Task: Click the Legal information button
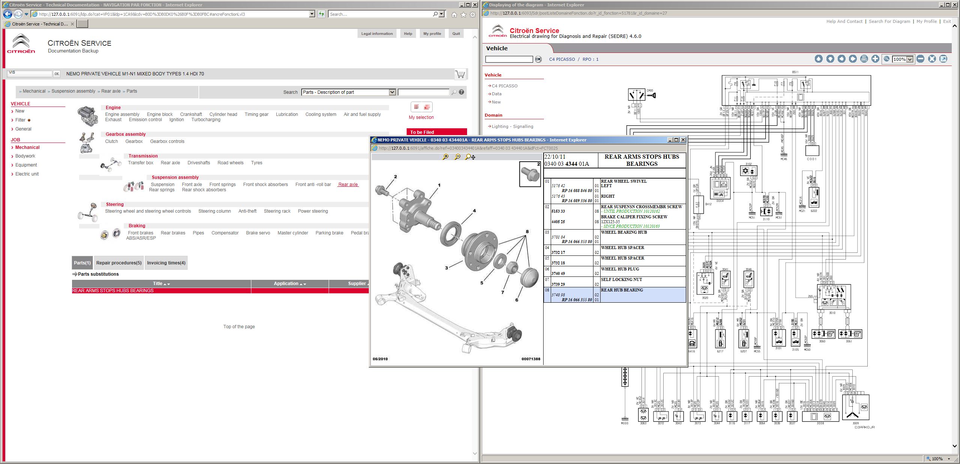tap(377, 34)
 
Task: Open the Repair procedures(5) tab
tap(119, 263)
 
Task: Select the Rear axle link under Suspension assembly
tap(348, 185)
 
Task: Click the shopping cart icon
tap(460, 74)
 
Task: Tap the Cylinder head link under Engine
tap(223, 114)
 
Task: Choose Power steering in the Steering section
tap(312, 211)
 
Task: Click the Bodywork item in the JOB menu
tap(25, 156)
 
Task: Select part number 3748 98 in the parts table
tap(558, 295)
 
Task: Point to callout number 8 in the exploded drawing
tap(527, 231)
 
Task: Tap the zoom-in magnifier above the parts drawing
tap(445, 157)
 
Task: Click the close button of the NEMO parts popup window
tap(683, 140)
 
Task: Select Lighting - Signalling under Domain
tap(512, 126)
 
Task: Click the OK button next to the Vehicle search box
tap(538, 59)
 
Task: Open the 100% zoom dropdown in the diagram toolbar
tap(910, 59)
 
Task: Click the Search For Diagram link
tap(889, 21)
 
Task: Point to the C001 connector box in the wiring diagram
tap(812, 151)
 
